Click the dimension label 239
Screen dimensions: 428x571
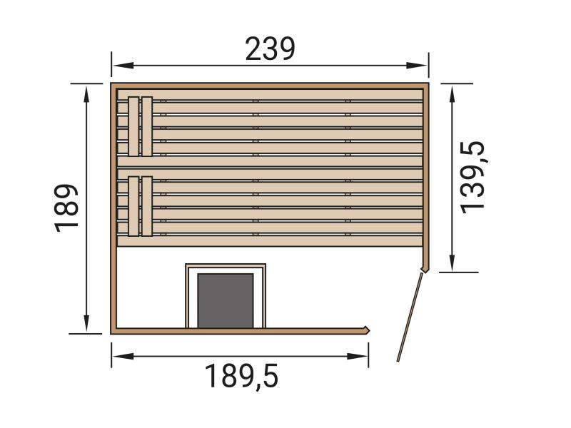click(x=270, y=49)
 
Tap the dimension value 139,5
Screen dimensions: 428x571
click(x=473, y=176)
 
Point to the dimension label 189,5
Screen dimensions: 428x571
click(x=241, y=376)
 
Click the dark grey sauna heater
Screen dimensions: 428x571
click(x=226, y=300)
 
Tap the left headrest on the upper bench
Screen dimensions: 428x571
click(x=133, y=126)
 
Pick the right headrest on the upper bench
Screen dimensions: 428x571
click(x=147, y=126)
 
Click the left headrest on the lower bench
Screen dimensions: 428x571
click(x=133, y=206)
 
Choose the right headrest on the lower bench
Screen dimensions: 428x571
click(x=147, y=206)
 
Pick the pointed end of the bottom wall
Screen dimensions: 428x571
click(x=368, y=330)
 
